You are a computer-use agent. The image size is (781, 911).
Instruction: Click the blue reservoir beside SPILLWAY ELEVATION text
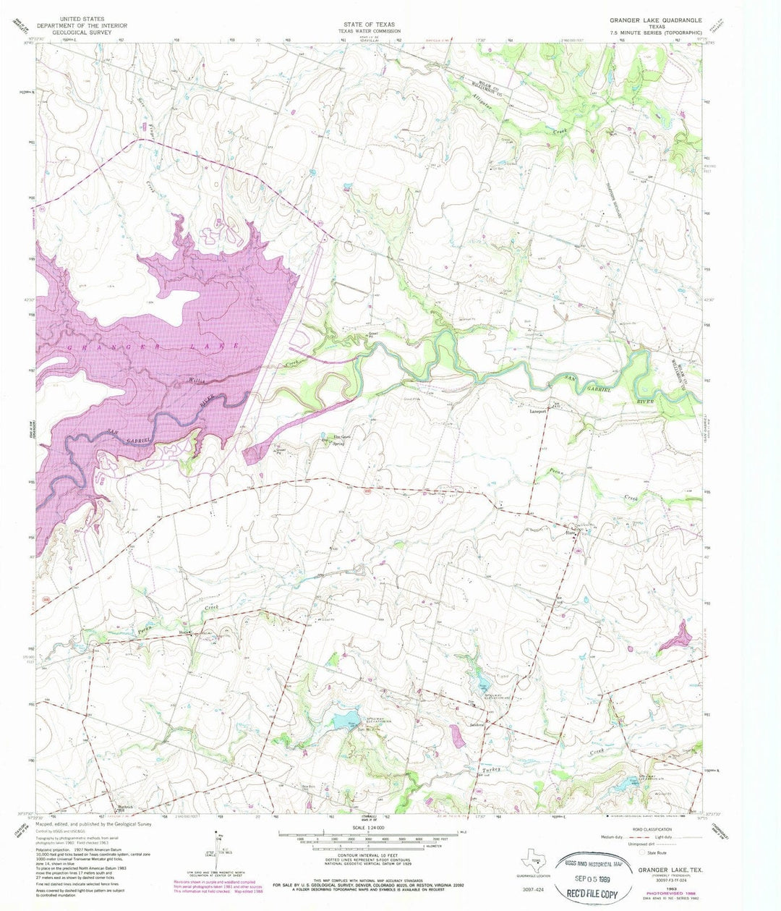(x=340, y=721)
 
